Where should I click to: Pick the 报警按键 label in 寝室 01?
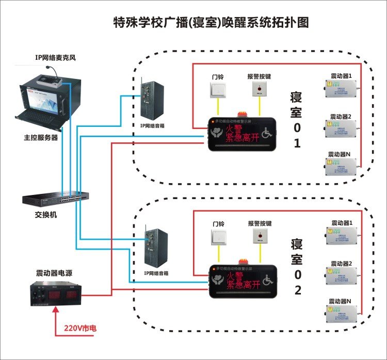pyautogui.click(x=259, y=76)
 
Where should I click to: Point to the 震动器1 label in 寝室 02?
pyautogui.click(x=341, y=223)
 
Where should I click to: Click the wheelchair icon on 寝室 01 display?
pyautogui.click(x=267, y=134)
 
